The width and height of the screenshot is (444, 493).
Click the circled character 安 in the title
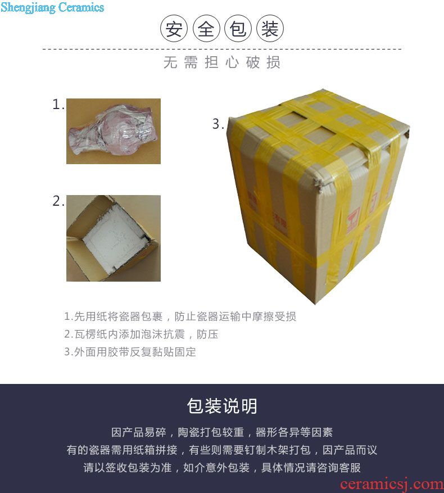174,29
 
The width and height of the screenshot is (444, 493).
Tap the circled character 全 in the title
206,29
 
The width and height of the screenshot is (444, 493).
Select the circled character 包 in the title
238,29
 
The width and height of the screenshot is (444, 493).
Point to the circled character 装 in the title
270,29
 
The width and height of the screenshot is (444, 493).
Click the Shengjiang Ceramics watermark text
52,7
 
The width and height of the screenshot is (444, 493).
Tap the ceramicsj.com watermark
392,485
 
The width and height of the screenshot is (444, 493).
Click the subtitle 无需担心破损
221,62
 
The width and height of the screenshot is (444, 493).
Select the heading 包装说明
222,406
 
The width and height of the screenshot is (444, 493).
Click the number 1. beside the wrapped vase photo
58,105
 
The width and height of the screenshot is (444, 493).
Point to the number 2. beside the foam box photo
58,201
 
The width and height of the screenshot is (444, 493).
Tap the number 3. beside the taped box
218,124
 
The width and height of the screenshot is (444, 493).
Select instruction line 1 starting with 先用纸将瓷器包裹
180,316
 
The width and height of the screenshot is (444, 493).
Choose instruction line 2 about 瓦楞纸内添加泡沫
141,334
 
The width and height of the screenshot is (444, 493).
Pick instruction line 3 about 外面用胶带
130,351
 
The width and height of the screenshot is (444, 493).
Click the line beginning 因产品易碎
222,432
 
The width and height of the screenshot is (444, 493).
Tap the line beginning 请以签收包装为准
222,468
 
